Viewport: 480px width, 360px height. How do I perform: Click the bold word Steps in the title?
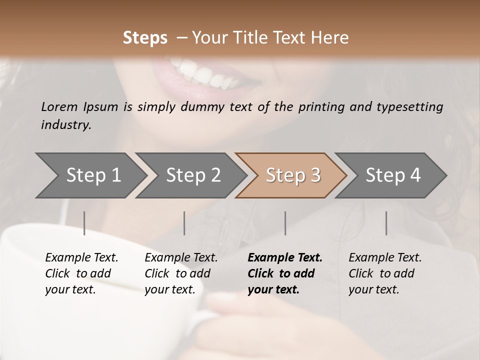145,38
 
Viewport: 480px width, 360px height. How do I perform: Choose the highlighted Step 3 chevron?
291,175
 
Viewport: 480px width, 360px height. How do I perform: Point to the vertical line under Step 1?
84,223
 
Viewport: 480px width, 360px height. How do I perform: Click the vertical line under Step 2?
184,223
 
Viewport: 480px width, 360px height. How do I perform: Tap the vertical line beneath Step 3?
285,223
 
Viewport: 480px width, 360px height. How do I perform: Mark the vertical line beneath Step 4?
386,223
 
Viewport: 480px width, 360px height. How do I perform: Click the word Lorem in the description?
59,106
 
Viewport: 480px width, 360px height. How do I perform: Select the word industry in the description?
65,125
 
